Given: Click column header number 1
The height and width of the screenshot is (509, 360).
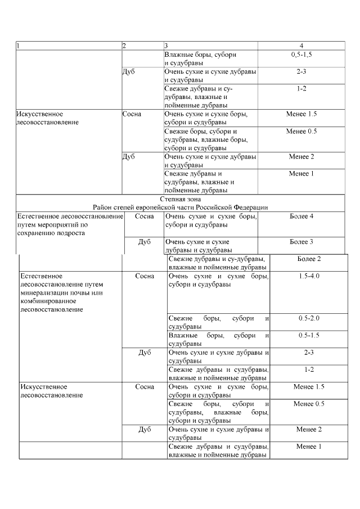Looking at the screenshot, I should point(18,46).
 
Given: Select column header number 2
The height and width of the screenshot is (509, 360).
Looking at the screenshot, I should point(124,46).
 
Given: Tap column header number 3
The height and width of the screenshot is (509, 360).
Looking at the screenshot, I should point(166,46).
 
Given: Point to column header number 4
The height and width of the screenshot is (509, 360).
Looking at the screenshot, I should point(301,46).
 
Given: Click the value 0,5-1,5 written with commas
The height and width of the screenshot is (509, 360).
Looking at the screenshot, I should point(301,55).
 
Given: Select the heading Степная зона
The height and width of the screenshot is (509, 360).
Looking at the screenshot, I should point(181,199).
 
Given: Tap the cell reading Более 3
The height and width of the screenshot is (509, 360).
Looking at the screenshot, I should point(301,242).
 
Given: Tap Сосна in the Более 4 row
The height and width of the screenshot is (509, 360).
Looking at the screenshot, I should point(145,217).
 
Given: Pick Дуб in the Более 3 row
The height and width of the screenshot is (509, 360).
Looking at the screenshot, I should point(145,242).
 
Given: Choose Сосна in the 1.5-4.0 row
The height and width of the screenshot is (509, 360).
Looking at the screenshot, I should point(145,276).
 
